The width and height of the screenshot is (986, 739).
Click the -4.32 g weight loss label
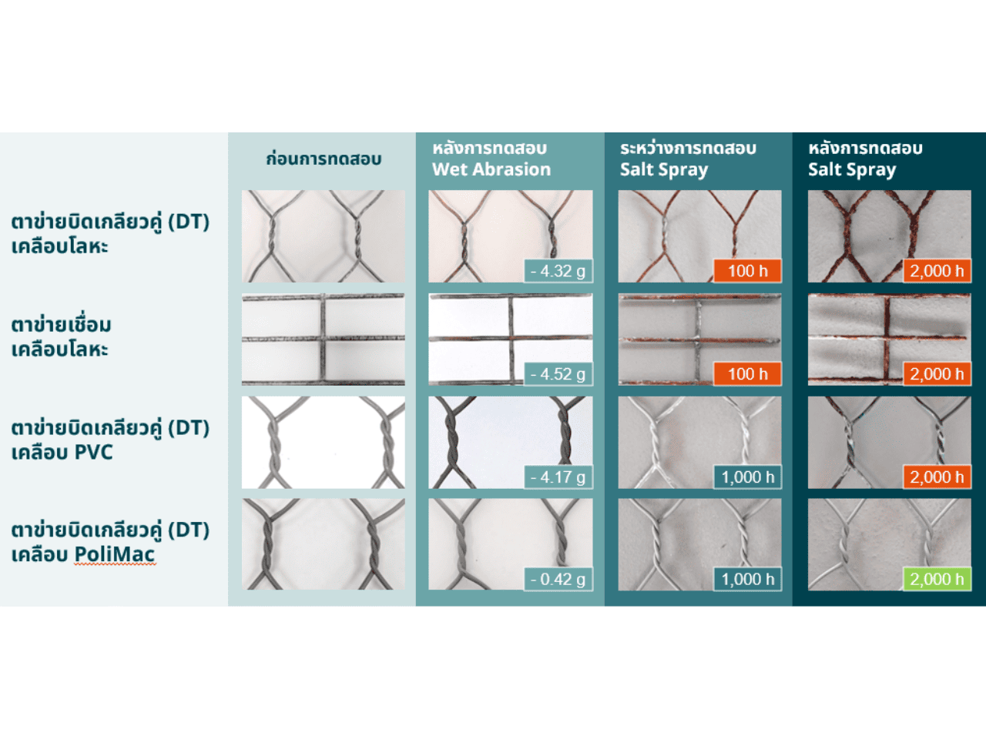558,271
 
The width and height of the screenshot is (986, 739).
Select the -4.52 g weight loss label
558,374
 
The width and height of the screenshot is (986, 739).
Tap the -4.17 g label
558,477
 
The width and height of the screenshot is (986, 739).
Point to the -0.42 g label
558,579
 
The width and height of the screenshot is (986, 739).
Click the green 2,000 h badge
937,579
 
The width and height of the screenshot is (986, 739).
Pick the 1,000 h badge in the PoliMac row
748,579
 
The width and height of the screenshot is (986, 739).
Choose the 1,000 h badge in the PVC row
748,477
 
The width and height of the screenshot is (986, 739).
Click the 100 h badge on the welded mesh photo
748,374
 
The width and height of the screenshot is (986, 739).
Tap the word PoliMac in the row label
115,554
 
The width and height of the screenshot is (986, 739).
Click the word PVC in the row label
93,452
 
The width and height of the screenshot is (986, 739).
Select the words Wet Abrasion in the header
491,169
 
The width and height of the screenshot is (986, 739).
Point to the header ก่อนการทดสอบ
324,159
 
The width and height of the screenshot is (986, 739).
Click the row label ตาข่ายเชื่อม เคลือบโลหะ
61,336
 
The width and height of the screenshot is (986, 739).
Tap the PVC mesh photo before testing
324,443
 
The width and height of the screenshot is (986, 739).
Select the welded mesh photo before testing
324,339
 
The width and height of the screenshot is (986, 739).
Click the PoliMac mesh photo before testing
324,544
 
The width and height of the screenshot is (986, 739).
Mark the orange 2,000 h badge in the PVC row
937,477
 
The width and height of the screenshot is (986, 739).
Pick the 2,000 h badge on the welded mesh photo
937,374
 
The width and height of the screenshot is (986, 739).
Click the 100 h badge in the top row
748,271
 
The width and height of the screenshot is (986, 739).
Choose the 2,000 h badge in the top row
937,271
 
